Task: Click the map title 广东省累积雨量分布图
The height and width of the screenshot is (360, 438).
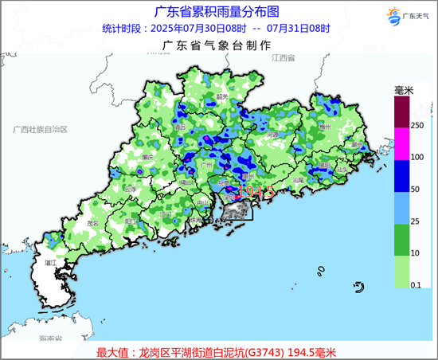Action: tap(211, 11)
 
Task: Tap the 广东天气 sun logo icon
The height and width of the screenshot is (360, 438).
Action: tap(391, 14)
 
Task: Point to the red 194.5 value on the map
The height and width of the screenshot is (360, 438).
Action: tap(256, 191)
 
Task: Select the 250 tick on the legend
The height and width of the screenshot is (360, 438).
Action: tap(416, 125)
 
